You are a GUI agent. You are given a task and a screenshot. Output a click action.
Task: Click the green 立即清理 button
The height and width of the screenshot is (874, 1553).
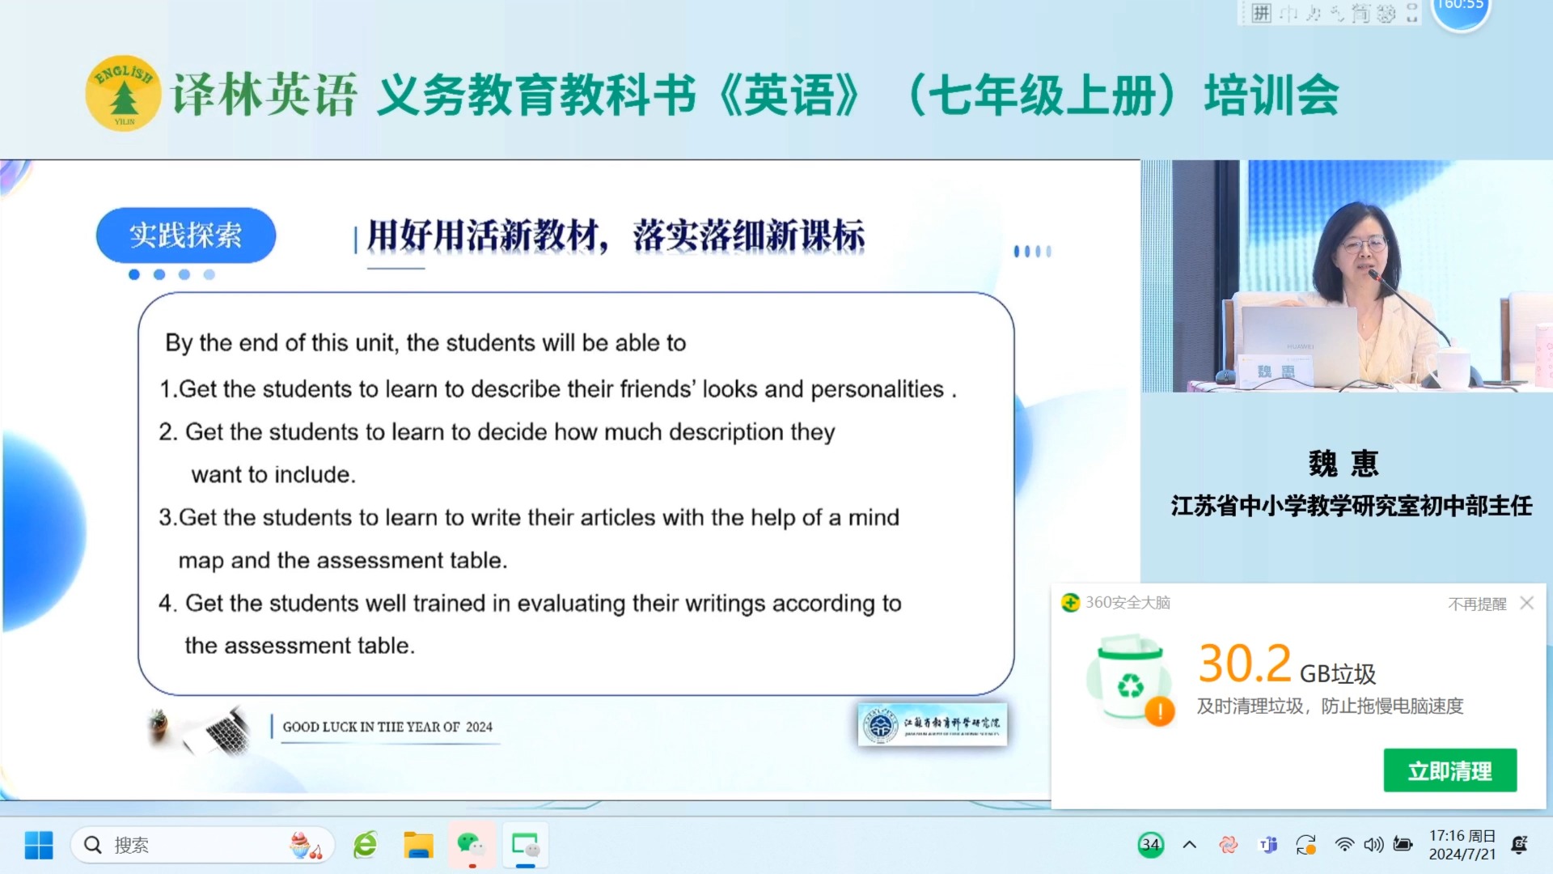(x=1449, y=770)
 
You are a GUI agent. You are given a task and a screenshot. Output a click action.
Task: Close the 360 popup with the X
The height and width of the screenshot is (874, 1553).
(x=1526, y=603)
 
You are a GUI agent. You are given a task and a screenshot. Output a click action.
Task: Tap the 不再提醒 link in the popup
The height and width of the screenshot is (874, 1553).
(x=1476, y=604)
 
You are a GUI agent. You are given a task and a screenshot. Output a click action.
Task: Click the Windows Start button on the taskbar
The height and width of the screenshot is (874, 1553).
(x=39, y=845)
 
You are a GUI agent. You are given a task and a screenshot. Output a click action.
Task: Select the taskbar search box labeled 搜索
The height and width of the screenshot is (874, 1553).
(x=202, y=845)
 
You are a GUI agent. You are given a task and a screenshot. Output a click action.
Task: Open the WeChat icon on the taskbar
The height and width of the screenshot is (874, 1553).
(x=471, y=845)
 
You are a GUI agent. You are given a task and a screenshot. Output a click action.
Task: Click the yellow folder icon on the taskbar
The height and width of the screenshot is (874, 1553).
(x=418, y=845)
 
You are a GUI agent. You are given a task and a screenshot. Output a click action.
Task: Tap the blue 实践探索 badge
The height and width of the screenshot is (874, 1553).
(x=185, y=235)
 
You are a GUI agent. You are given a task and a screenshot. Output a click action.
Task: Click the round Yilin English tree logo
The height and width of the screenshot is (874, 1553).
(x=123, y=94)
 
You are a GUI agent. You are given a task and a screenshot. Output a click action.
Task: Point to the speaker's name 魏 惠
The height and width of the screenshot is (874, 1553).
(x=1344, y=464)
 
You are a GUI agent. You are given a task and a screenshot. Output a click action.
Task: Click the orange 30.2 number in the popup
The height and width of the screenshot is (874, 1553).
(x=1244, y=664)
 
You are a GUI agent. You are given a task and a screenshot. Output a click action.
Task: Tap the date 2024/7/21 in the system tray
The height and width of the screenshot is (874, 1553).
(x=1462, y=855)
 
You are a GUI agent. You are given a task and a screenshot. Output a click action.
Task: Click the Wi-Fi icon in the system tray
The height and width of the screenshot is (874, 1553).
(x=1344, y=845)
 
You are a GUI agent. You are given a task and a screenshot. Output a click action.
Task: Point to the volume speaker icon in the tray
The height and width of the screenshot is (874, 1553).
(x=1373, y=845)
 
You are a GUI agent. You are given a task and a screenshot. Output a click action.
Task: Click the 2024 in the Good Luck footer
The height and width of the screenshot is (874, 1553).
(x=479, y=727)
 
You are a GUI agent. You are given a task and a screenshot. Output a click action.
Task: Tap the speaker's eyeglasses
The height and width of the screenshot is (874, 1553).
(x=1364, y=244)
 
